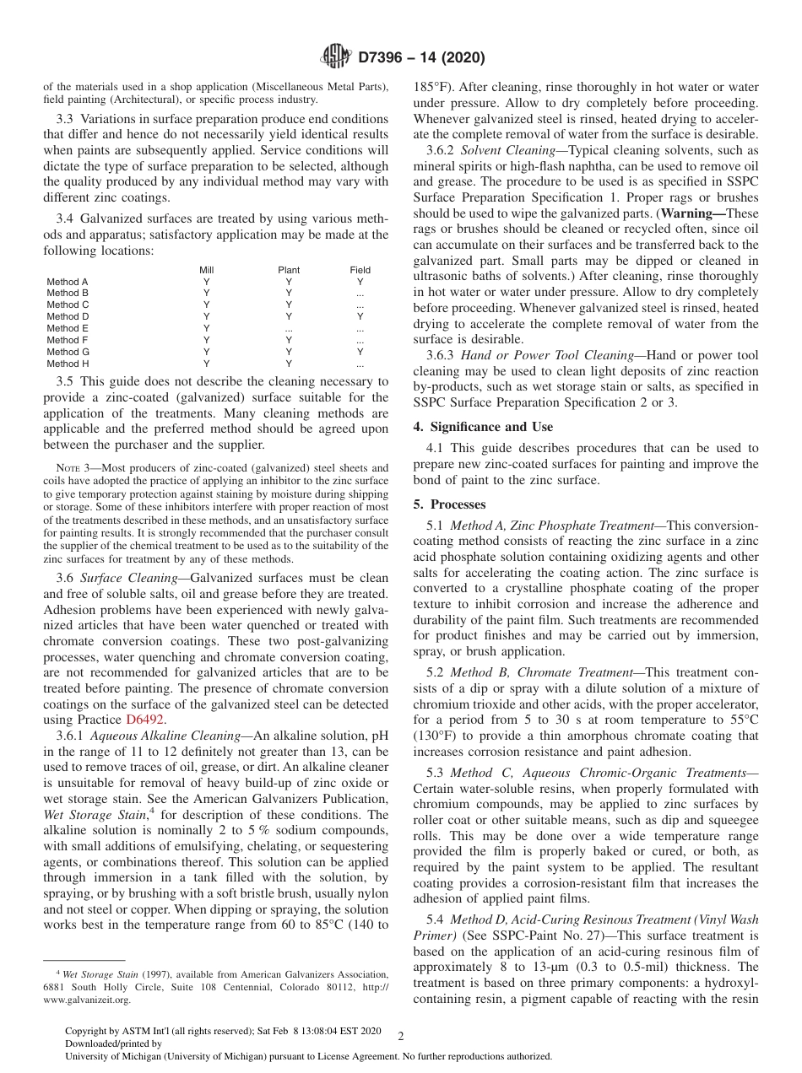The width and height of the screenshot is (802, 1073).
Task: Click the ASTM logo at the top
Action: (336, 57)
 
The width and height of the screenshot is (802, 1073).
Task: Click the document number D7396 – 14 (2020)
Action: (421, 58)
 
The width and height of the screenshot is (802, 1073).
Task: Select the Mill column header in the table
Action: (206, 270)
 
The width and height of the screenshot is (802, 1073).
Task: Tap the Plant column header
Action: (289, 270)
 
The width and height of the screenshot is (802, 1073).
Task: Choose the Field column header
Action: (360, 270)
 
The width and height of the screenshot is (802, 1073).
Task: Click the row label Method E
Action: (68, 328)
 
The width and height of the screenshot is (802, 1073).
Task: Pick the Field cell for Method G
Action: (360, 352)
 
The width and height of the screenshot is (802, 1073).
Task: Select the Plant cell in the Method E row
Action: (289, 328)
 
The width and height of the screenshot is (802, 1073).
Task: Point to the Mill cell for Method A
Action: (206, 282)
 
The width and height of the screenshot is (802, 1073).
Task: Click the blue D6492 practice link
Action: (144, 720)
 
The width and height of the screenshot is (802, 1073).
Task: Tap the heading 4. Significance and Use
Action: (483, 427)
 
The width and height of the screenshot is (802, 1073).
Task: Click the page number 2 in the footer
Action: (401, 1037)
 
